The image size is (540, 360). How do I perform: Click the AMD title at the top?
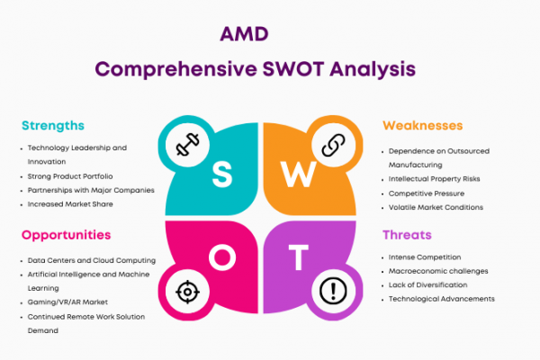point(244,34)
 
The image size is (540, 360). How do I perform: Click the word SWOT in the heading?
point(293,69)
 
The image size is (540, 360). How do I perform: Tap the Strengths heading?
point(53,126)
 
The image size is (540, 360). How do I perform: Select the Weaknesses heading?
point(423,125)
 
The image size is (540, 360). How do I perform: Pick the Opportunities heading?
point(66,235)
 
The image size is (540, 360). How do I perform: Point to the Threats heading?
point(407,235)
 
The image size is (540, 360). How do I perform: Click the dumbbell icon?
point(188,144)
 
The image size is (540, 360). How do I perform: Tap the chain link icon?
point(333,145)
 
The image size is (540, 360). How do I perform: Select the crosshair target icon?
point(188,292)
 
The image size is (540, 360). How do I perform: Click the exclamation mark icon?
point(333,291)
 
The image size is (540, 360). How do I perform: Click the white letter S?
point(222,175)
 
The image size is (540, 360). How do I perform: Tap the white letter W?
point(298,175)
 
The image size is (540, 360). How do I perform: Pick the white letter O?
point(222,257)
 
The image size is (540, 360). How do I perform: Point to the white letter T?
point(298,257)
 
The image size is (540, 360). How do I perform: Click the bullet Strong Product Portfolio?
point(70,176)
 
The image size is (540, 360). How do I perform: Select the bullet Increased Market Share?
point(70,204)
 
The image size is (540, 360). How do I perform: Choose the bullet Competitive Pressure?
point(427,193)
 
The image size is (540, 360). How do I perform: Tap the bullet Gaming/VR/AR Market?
point(67,302)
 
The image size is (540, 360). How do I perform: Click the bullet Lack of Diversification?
point(427,285)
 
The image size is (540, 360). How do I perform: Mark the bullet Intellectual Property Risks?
point(434,179)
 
